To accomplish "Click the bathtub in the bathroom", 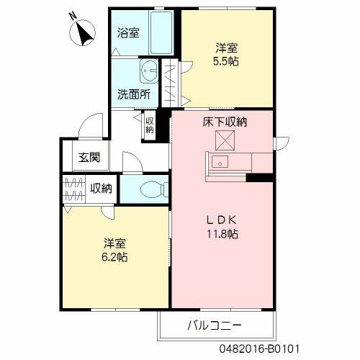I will pos(161,33).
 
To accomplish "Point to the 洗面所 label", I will pos(133,94).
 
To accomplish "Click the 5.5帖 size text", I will pos(227,62).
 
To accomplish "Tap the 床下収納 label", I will pos(224,122).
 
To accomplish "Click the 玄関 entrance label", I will pos(89,158).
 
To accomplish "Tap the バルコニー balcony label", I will pos(216,325).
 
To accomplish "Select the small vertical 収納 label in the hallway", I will pos(149,125).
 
